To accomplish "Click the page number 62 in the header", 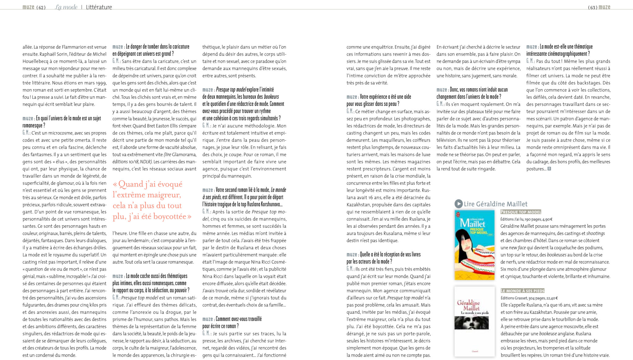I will (41, 7).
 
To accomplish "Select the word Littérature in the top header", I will (99, 7).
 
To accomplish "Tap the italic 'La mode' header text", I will (66, 7).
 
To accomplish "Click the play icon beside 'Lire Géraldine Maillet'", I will (458, 204).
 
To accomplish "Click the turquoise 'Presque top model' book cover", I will (474, 245).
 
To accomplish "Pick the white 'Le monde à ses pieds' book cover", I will (474, 321).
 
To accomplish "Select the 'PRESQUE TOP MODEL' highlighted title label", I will (521, 212).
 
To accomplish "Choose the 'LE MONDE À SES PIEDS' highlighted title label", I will (522, 291).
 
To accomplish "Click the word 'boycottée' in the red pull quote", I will (170, 217).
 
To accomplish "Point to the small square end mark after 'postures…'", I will (549, 169).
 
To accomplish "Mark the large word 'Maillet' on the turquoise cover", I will (473, 223).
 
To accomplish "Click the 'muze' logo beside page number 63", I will (604, 7).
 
